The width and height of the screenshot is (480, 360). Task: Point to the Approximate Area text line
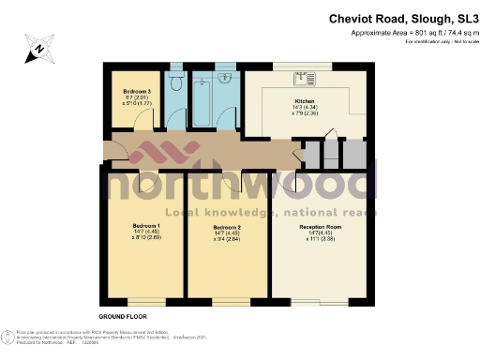tap(408, 33)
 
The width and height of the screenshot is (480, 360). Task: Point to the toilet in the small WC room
tap(175, 80)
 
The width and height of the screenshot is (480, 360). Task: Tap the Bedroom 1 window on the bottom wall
tap(145, 302)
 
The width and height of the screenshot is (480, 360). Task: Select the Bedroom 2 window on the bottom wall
tap(231, 302)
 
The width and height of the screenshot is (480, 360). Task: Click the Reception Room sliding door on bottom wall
tap(323, 302)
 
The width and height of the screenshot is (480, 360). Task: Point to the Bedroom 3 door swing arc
tap(141, 118)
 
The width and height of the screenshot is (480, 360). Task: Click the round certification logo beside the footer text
tap(9, 339)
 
